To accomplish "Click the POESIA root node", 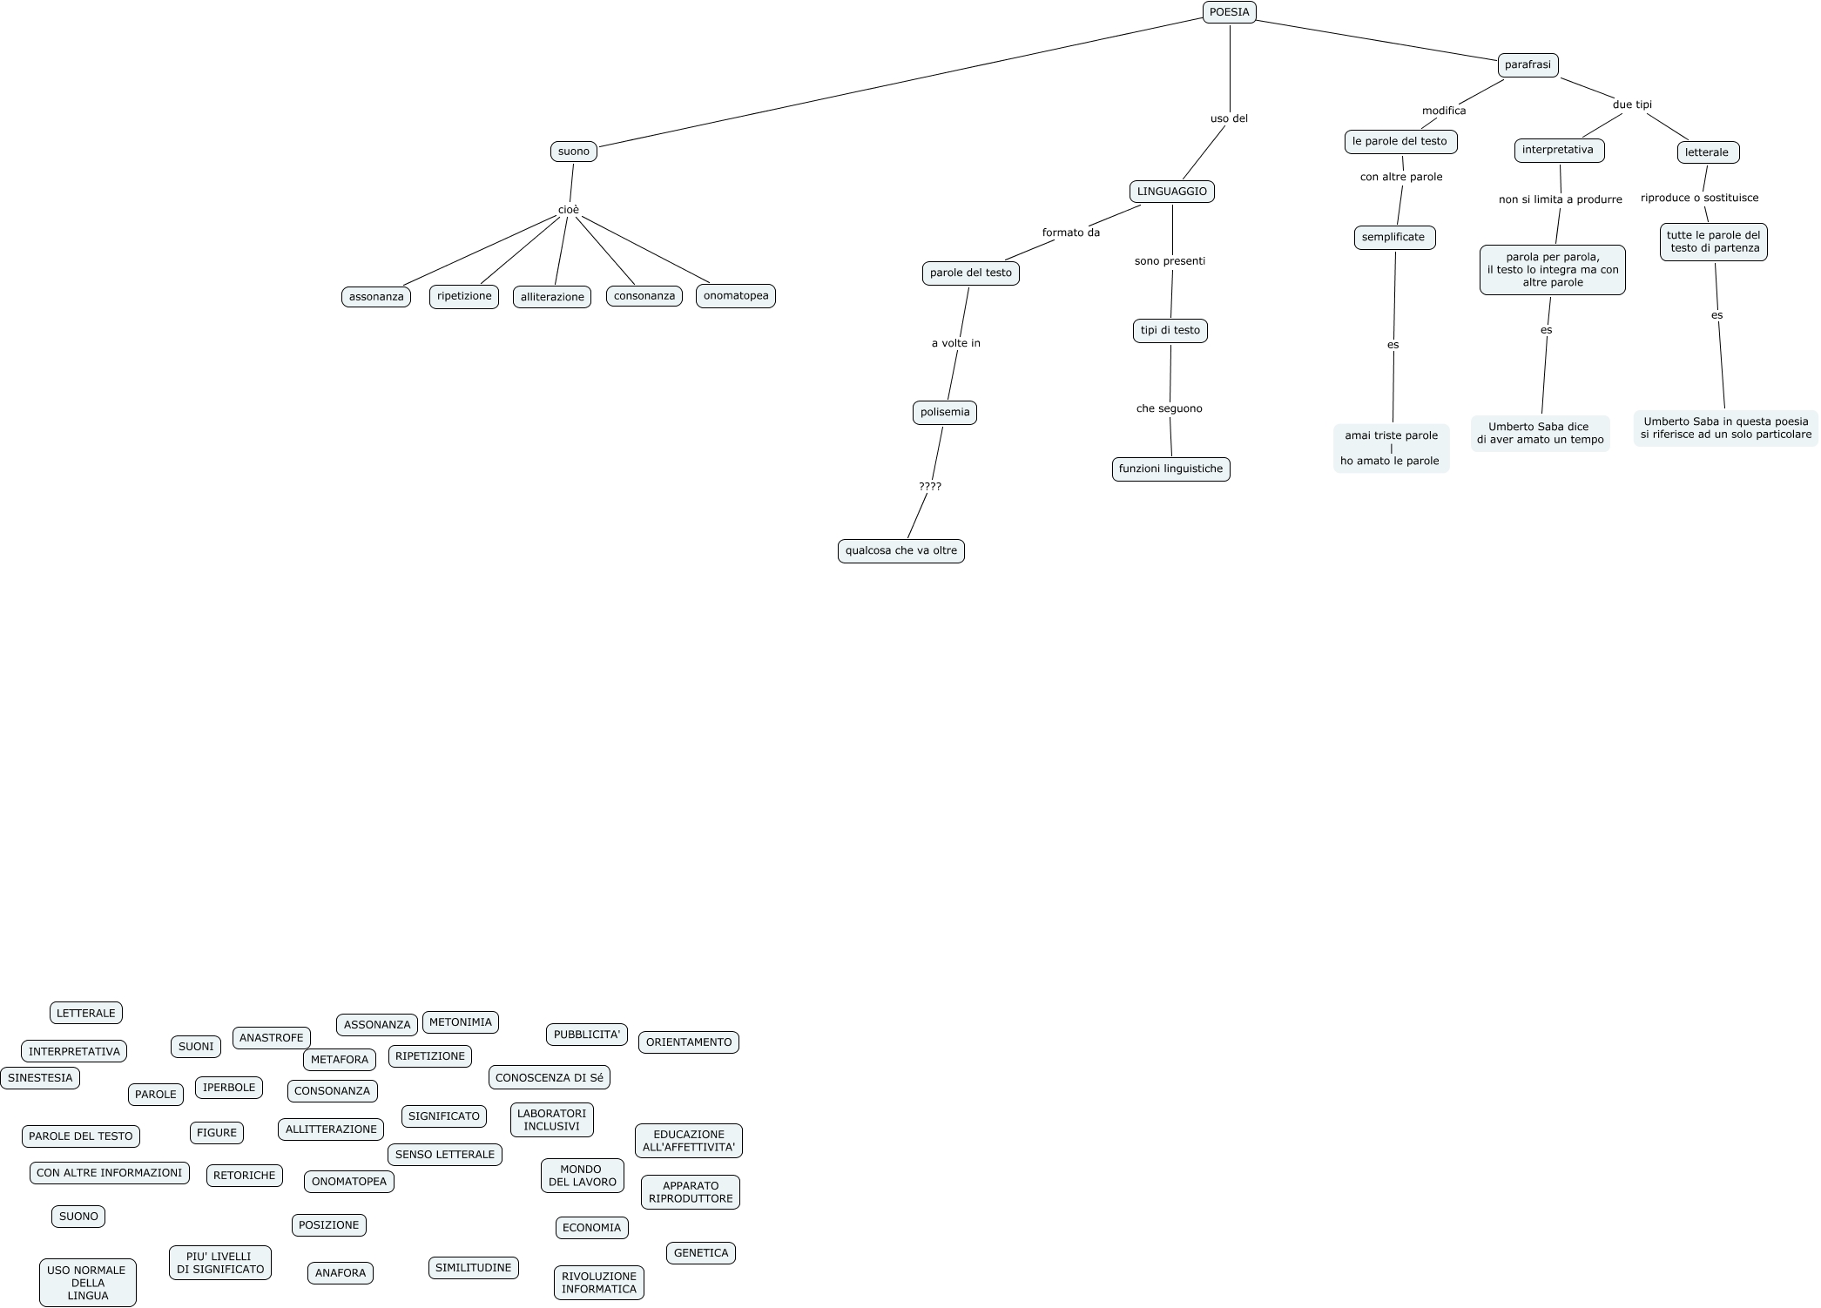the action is (x=1229, y=12).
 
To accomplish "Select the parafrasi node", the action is (x=1528, y=65).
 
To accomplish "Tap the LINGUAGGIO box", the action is (x=1171, y=192).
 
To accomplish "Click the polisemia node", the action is (x=945, y=412).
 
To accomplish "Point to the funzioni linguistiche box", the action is (x=1170, y=469).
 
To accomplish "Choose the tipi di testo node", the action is (x=1170, y=331).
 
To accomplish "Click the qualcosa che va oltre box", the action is (x=900, y=551).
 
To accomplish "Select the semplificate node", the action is (x=1393, y=238).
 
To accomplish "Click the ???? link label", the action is (x=930, y=487).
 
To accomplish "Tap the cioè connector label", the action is (x=568, y=210).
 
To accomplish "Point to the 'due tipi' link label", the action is (x=1632, y=105).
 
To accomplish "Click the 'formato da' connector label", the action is (x=1070, y=233).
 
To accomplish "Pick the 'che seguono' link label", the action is (x=1169, y=408).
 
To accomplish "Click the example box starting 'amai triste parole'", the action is (x=1390, y=448).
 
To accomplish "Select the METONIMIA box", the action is (x=460, y=1022).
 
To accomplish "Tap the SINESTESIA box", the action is (x=40, y=1078).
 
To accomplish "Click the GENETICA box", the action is (x=700, y=1253).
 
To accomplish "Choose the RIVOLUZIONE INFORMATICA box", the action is (x=598, y=1283).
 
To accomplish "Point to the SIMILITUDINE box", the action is (x=473, y=1268).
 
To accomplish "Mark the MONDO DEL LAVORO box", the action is (x=582, y=1176).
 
